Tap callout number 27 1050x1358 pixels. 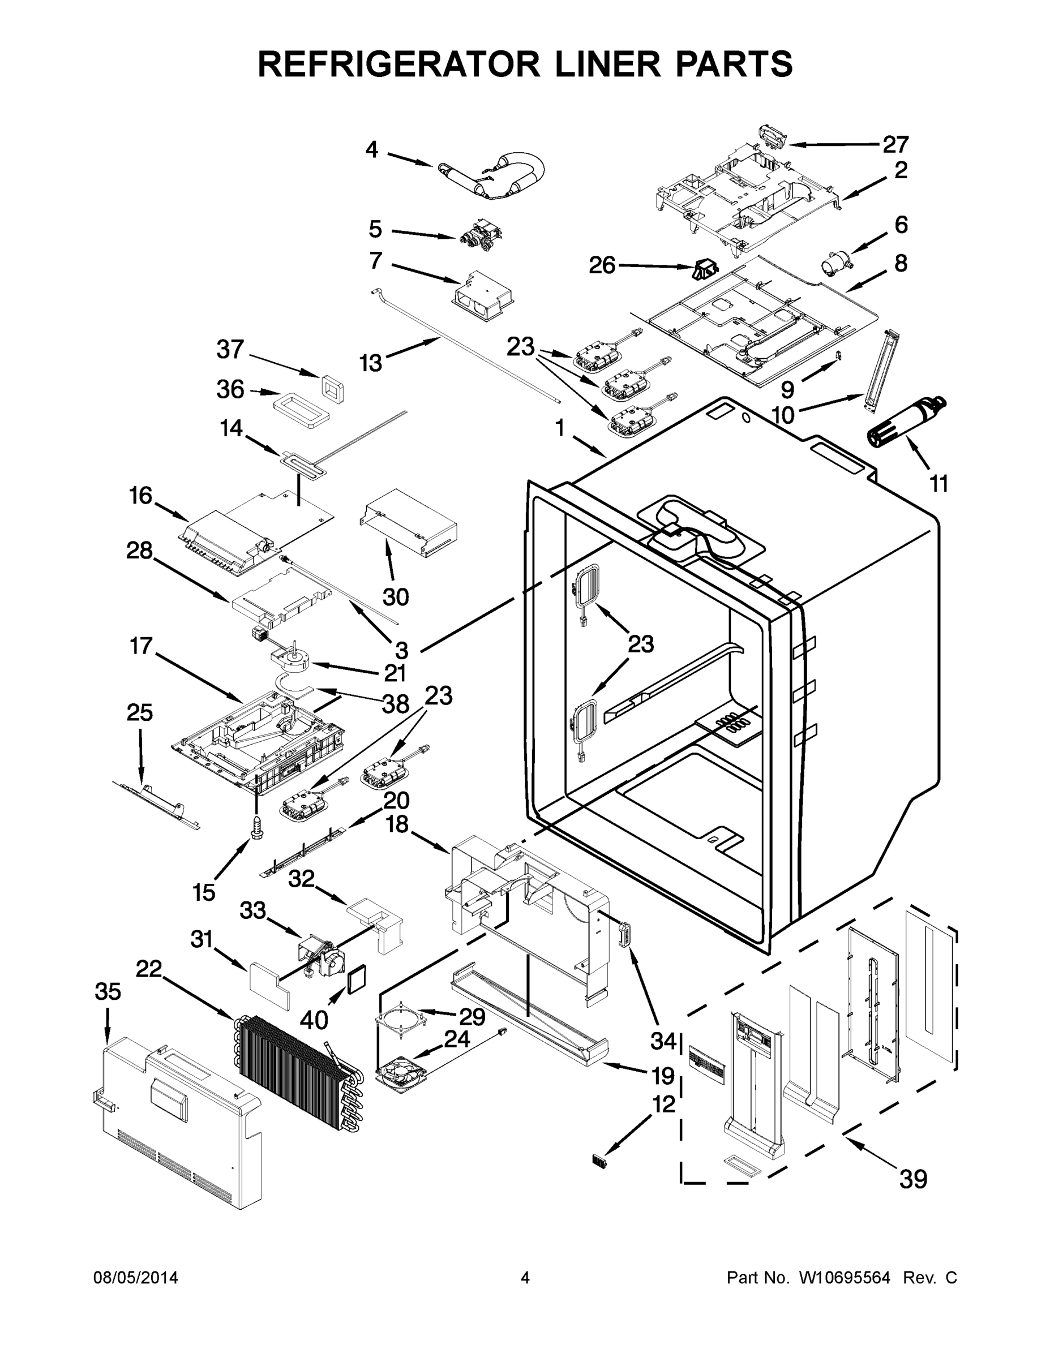[x=895, y=144]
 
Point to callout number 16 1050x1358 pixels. [x=140, y=496]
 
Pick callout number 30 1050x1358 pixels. [x=396, y=597]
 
